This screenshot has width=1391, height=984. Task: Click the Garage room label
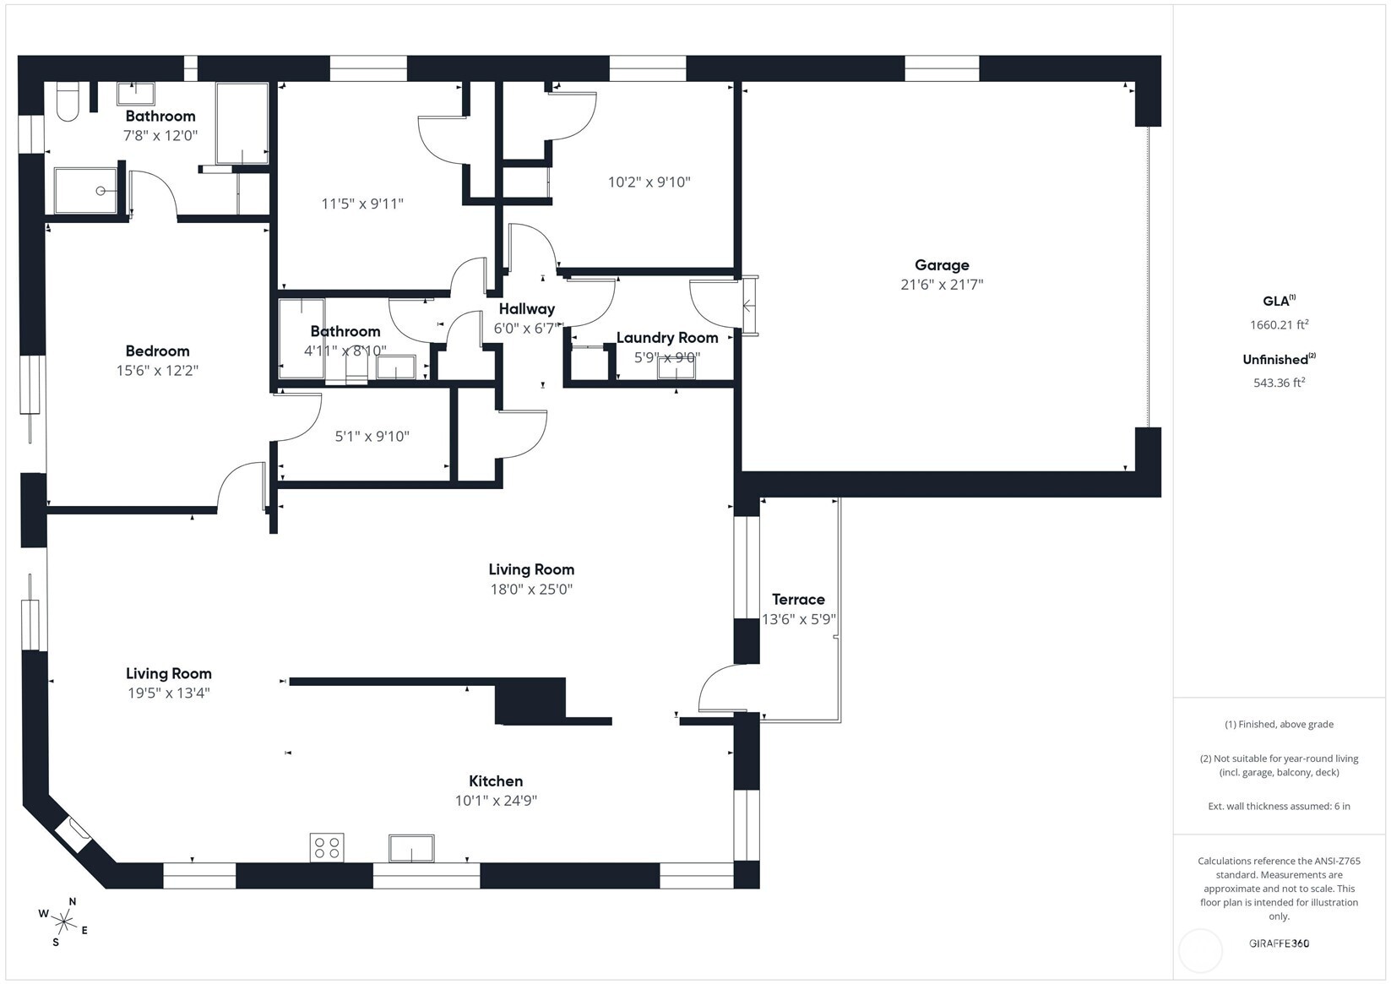coord(942,265)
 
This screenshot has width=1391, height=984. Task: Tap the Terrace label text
coord(798,600)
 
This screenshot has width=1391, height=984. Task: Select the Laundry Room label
coord(667,338)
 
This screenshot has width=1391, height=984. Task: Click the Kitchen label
coord(496,781)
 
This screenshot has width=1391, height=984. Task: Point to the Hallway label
coord(526,309)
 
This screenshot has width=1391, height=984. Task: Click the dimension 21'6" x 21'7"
coord(942,285)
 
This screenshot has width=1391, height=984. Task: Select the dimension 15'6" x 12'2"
coord(157,371)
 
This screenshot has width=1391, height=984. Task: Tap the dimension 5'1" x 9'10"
coord(372,437)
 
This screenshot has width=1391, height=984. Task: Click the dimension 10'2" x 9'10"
coord(649,182)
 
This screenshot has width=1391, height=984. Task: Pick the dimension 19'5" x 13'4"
coord(168,693)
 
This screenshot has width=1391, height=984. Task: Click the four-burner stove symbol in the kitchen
coord(327,847)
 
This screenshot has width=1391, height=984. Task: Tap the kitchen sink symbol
coord(411,848)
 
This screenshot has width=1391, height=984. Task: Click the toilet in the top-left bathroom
coord(67,102)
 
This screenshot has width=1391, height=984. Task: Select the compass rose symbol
coord(64,921)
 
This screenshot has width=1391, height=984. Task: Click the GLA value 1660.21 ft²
coord(1279,325)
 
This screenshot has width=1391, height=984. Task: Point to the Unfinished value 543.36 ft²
coord(1279,383)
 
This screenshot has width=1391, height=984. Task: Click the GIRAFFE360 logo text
coord(1279,943)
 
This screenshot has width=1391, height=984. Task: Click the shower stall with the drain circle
coord(86,191)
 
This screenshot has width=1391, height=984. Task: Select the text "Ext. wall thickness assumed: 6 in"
coord(1279,807)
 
